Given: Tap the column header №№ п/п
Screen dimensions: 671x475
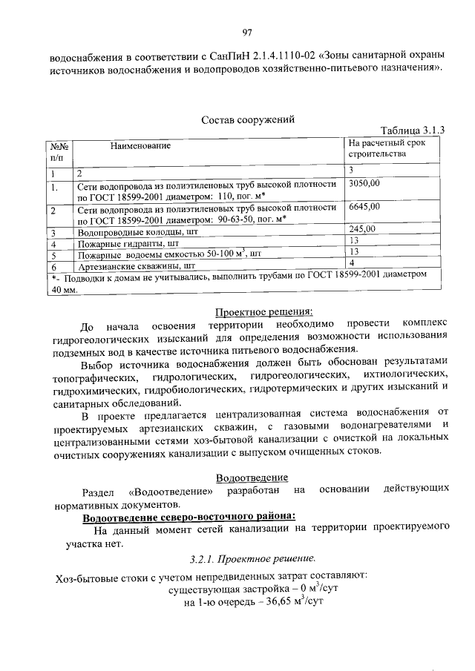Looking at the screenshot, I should point(58,152).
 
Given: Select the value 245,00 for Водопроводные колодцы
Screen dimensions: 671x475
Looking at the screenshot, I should point(362,229).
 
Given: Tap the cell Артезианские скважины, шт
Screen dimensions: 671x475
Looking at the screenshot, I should point(137,264).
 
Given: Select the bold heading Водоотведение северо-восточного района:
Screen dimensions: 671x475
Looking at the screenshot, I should point(189,515).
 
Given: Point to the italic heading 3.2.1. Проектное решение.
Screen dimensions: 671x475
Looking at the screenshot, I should point(252,558).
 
